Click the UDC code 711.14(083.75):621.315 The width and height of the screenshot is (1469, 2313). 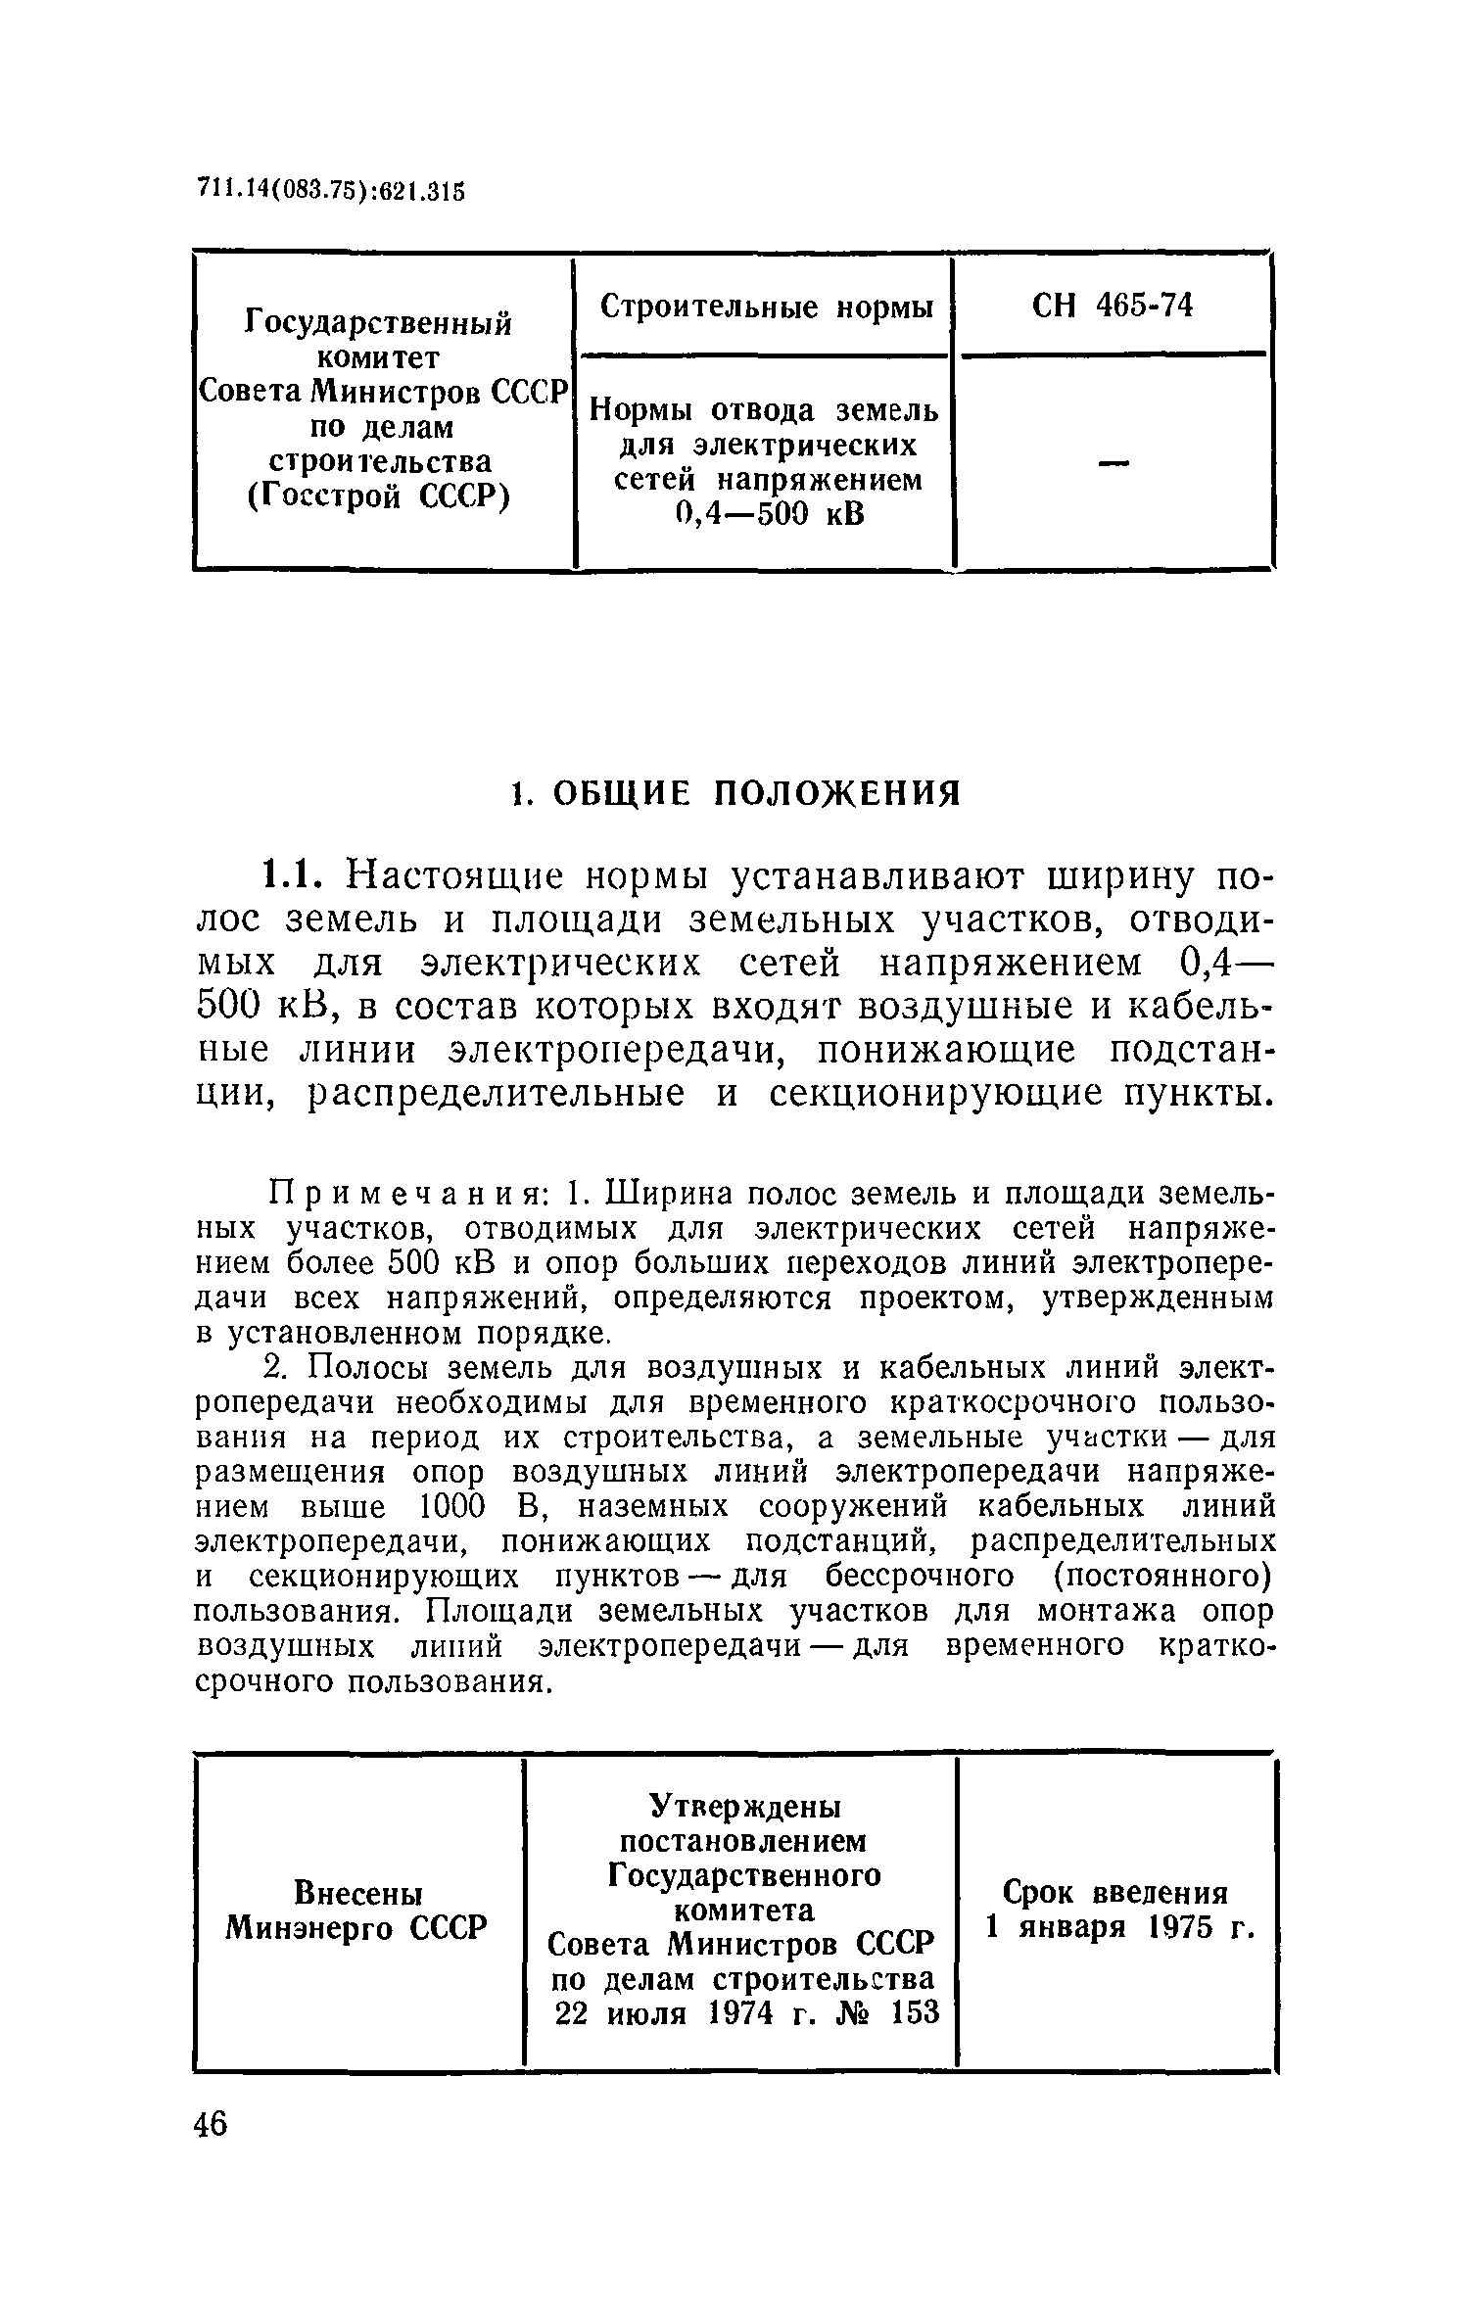point(330,189)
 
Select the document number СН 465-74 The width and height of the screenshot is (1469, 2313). point(1113,307)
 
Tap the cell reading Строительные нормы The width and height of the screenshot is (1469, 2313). point(766,307)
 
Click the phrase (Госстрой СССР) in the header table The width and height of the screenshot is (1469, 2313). point(378,497)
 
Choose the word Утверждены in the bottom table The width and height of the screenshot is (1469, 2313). point(745,1804)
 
